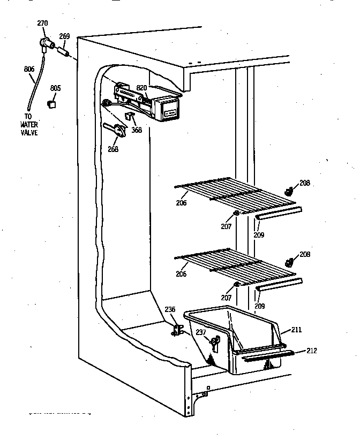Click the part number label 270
point(42,23)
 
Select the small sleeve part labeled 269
point(63,52)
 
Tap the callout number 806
point(29,69)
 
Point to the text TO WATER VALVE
point(30,125)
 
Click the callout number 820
point(141,88)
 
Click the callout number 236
point(169,309)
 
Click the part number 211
point(296,330)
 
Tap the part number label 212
point(312,351)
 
